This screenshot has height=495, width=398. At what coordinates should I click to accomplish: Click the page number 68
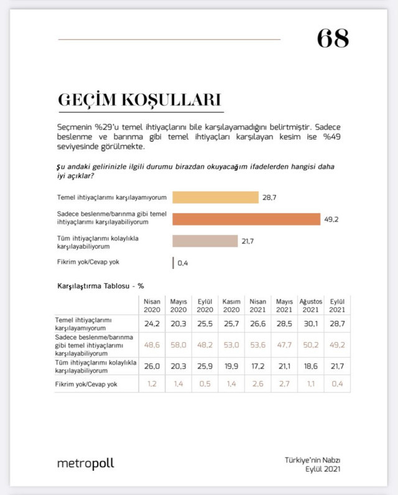(332, 39)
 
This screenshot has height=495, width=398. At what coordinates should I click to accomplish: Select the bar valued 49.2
(246, 219)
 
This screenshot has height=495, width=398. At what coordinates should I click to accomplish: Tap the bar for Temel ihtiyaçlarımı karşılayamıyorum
(215, 198)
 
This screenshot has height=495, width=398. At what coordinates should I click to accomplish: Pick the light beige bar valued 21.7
(205, 241)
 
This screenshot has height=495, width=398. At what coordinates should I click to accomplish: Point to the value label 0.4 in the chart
(183, 263)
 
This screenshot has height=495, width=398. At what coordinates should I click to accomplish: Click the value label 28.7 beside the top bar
(270, 198)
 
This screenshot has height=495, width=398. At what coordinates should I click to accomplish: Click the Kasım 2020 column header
(231, 306)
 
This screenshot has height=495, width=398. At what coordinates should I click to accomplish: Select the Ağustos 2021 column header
(310, 306)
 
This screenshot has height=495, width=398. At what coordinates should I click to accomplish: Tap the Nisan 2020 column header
(152, 306)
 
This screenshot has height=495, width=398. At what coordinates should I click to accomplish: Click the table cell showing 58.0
(178, 344)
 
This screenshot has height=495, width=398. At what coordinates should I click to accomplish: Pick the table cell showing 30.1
(310, 324)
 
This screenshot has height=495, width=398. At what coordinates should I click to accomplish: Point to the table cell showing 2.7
(284, 385)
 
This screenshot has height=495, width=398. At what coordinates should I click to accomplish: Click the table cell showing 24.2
(152, 324)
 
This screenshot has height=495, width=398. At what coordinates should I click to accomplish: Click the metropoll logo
(85, 463)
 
